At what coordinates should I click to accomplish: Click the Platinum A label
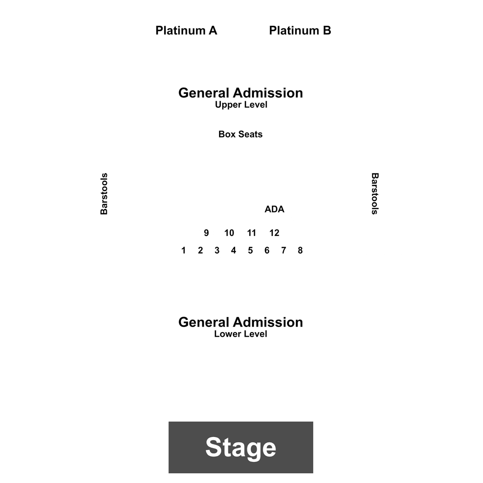pos(186,30)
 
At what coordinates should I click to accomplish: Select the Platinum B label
pos(300,30)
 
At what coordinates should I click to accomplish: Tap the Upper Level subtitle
pos(241,105)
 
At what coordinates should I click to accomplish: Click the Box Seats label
pos(241,134)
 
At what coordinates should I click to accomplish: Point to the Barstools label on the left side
pos(104,194)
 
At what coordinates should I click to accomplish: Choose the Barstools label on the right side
pos(374,194)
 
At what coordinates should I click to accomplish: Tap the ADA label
pos(275,209)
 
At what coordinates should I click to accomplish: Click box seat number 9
pos(207,233)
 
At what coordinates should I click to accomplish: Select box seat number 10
pos(229,233)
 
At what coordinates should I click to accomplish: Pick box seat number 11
pos(252,233)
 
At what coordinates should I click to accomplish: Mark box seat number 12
pos(275,233)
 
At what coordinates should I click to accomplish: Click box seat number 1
pos(184,250)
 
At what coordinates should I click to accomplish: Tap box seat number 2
pos(200,250)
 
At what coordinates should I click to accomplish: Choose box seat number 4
pos(234,250)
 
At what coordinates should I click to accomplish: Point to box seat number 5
pos(250,250)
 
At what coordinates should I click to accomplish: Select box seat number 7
pos(284,250)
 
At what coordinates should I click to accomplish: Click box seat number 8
pos(300,250)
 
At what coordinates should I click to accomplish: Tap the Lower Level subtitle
pos(241,334)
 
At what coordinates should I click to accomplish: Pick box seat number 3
pos(217,250)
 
